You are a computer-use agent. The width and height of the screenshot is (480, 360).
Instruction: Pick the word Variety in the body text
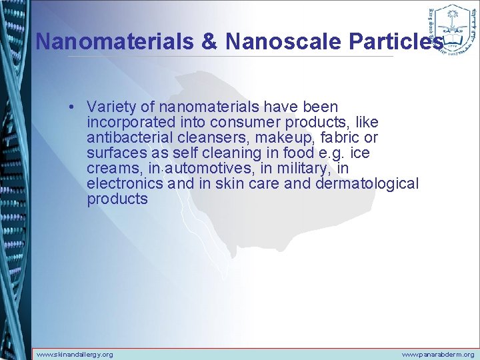pyautogui.click(x=109, y=107)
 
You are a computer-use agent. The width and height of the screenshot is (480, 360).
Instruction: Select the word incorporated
pyautogui.click(x=127, y=122)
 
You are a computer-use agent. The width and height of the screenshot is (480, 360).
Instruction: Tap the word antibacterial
pyautogui.click(x=127, y=137)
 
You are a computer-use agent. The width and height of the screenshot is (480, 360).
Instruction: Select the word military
pyautogui.click(x=294, y=168)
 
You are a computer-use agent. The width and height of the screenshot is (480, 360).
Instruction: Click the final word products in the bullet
pyautogui.click(x=117, y=199)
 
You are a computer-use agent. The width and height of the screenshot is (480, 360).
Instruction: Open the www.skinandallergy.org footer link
pyautogui.click(x=74, y=355)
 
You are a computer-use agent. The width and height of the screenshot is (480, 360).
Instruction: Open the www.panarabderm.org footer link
pyautogui.click(x=437, y=355)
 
